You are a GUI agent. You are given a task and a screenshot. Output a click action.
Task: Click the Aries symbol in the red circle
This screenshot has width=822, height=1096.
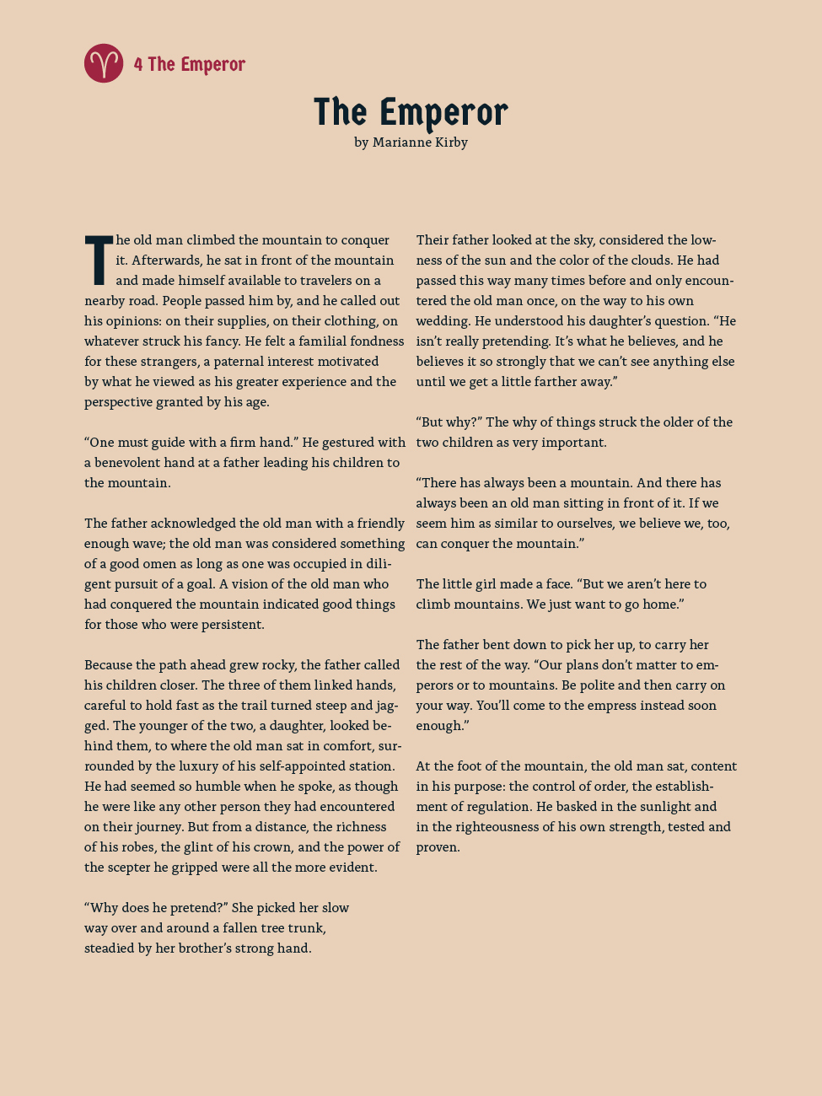tap(104, 63)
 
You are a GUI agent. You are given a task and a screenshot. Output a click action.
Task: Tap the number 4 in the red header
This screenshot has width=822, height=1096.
tap(138, 65)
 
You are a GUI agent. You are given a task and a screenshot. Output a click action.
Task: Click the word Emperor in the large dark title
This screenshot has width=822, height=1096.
tap(443, 113)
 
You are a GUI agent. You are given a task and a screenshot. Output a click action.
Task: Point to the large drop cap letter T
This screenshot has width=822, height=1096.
tap(99, 261)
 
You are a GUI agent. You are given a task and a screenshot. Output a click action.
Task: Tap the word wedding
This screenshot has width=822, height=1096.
tap(443, 321)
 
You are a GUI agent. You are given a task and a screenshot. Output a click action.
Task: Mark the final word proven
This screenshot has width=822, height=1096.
tap(438, 847)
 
